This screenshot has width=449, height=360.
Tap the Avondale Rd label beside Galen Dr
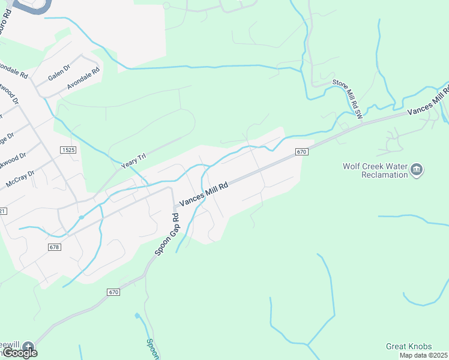point(83,79)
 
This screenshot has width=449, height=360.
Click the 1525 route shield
point(68,149)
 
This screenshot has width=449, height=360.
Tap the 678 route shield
point(55,247)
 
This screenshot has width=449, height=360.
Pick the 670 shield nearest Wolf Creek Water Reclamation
point(301,152)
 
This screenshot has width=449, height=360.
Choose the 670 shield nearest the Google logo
point(114,292)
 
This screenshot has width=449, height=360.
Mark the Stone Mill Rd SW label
point(349,97)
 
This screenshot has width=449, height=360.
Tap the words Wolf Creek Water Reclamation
point(375,170)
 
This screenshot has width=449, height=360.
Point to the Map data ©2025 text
point(423,355)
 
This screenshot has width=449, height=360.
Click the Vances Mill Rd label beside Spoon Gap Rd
point(204,196)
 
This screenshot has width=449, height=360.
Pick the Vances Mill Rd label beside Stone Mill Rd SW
point(427,100)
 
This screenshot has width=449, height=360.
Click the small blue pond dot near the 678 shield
point(81,217)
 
